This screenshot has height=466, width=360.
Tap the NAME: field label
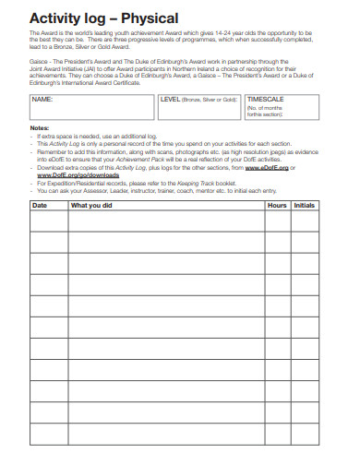(x=42, y=98)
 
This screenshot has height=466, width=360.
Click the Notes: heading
(x=40, y=127)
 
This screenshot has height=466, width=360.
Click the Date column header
(x=40, y=205)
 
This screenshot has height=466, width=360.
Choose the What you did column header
(x=91, y=205)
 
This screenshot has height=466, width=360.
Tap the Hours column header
(x=277, y=205)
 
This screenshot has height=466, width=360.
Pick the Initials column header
(x=305, y=205)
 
